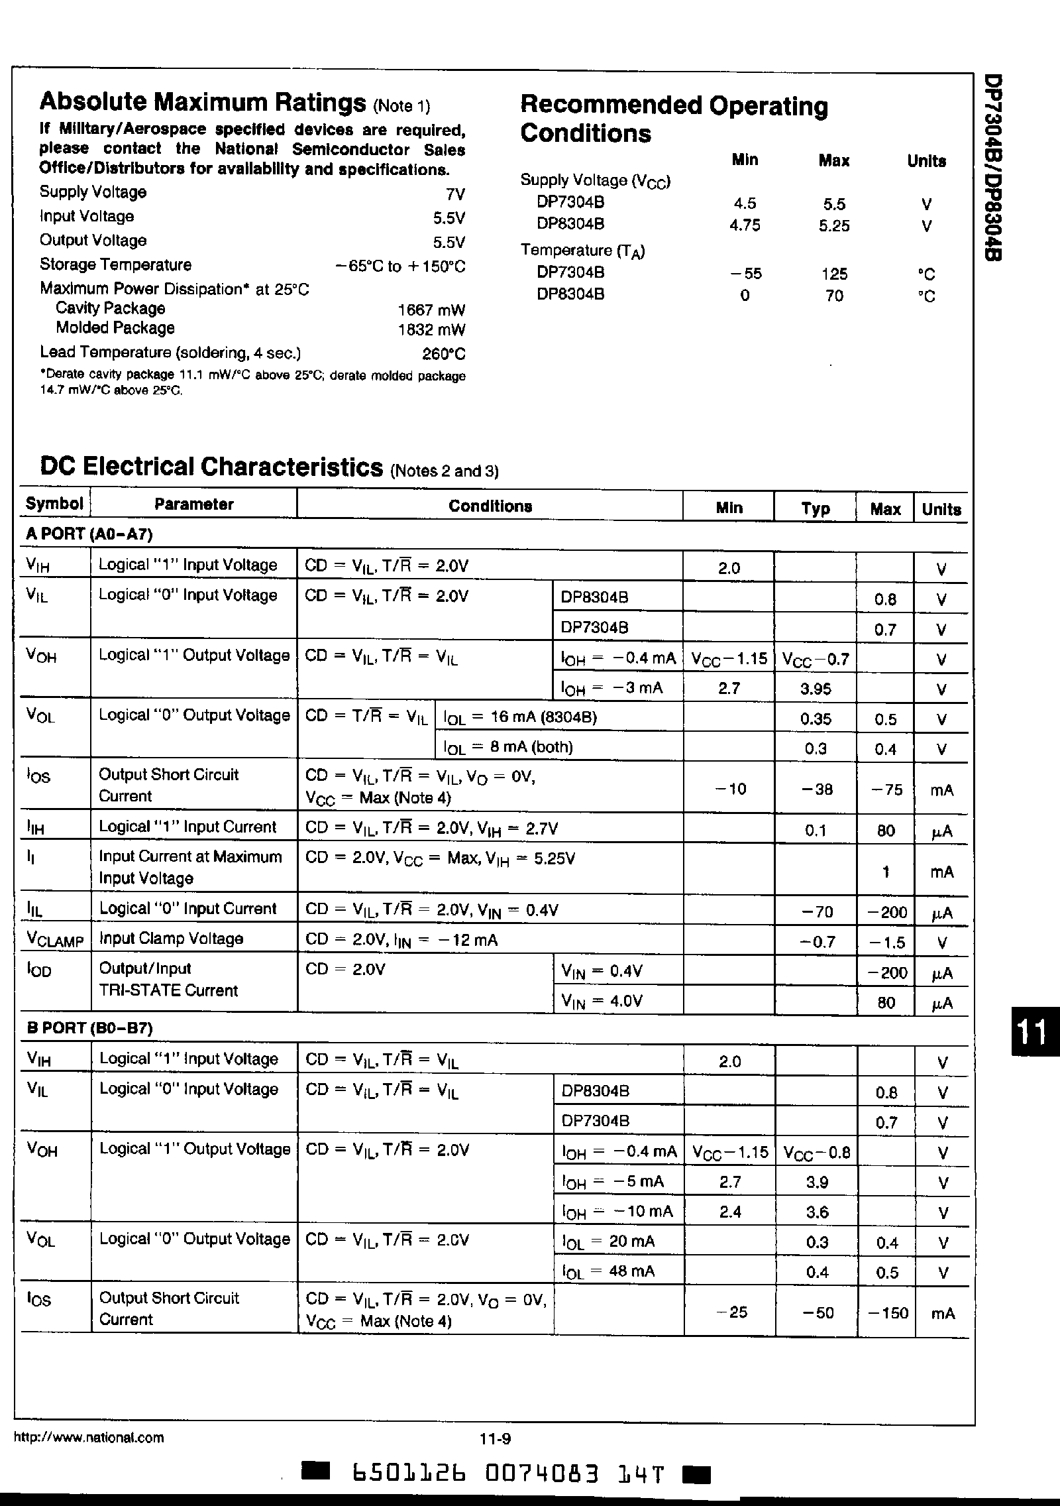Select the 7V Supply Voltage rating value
[456, 194]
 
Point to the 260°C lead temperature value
[444, 354]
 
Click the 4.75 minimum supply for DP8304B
[745, 225]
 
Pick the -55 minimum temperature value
[745, 274]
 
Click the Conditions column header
[490, 506]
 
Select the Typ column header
[815, 508]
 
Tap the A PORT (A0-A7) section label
[89, 534]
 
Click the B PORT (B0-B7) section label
[89, 1028]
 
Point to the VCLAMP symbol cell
[55, 940]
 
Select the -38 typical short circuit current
[816, 789]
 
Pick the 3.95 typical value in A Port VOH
[816, 689]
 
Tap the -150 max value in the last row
[886, 1312]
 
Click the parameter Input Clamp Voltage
[171, 939]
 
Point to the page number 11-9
[496, 1438]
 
